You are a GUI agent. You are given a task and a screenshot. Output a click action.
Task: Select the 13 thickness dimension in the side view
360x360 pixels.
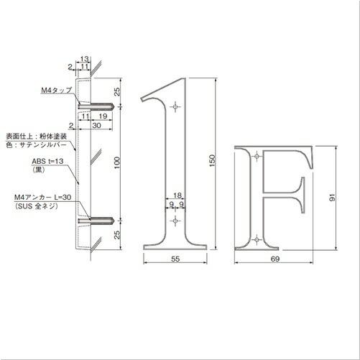point(84,60)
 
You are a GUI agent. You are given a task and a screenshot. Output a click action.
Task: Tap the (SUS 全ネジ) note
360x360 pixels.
point(37,206)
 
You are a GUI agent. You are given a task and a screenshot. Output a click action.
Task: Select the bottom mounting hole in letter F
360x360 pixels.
point(257,237)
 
